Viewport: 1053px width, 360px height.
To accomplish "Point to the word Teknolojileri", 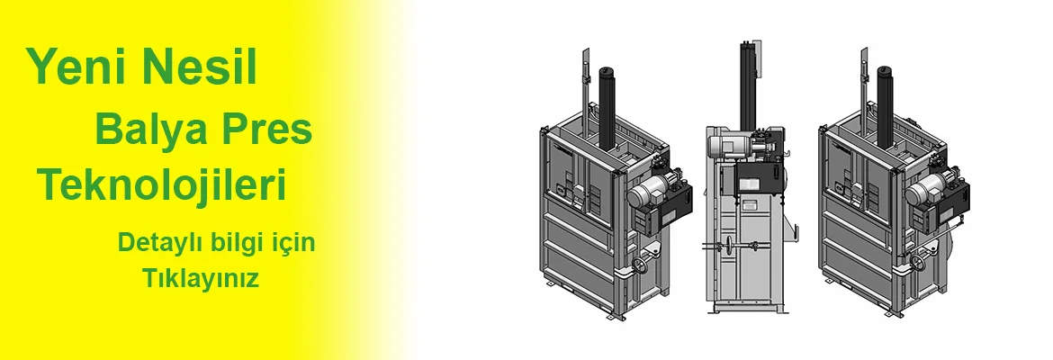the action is pyautogui.click(x=162, y=185).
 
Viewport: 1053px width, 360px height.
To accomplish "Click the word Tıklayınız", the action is pyautogui.click(x=200, y=278).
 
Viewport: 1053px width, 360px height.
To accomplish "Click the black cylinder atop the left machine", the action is pyautogui.click(x=607, y=107).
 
